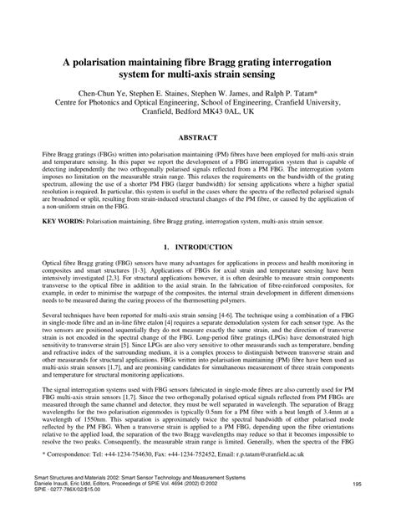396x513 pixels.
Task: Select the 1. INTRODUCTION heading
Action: point(198,249)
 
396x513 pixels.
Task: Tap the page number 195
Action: point(357,484)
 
